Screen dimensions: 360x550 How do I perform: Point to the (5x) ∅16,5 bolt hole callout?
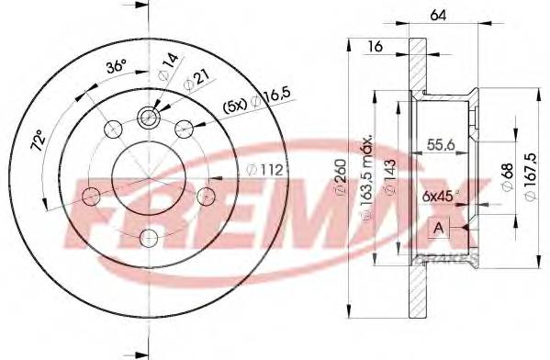pyautogui.click(x=243, y=105)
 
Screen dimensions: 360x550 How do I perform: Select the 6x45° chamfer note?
pyautogui.click(x=442, y=196)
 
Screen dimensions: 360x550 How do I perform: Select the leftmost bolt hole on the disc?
pyautogui.click(x=91, y=195)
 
